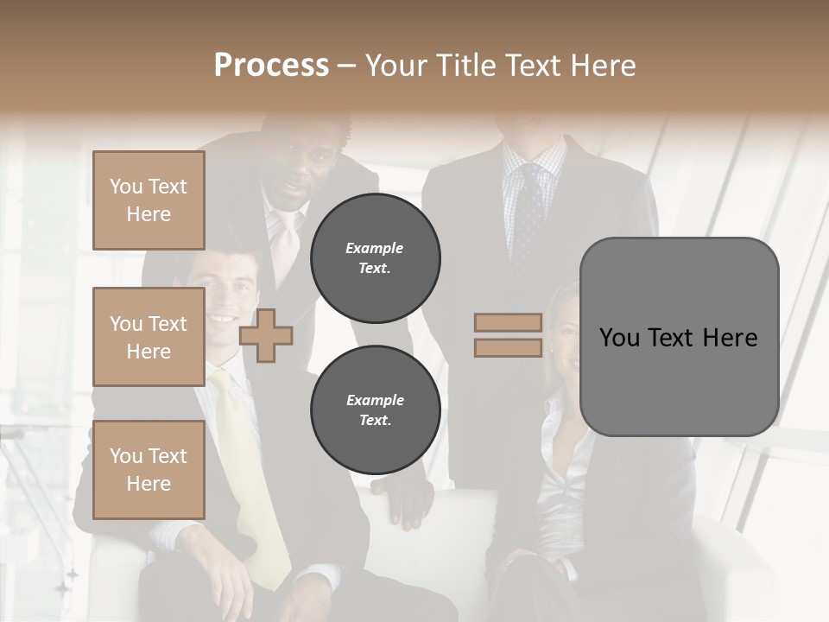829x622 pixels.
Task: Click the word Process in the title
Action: coord(271,66)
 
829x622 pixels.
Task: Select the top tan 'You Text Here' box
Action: coord(149,200)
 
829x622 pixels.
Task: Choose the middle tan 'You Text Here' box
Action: coord(149,337)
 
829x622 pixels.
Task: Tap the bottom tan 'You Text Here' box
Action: coord(149,470)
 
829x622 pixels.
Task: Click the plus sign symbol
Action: coord(266,335)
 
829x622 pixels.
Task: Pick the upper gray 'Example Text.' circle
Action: coord(375,257)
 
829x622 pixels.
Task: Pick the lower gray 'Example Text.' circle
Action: coord(375,410)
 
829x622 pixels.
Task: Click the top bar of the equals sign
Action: coord(508,322)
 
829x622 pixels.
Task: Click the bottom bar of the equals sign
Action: coord(508,347)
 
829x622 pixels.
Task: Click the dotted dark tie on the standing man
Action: coord(529,216)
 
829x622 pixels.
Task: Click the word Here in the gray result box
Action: coord(730,338)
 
